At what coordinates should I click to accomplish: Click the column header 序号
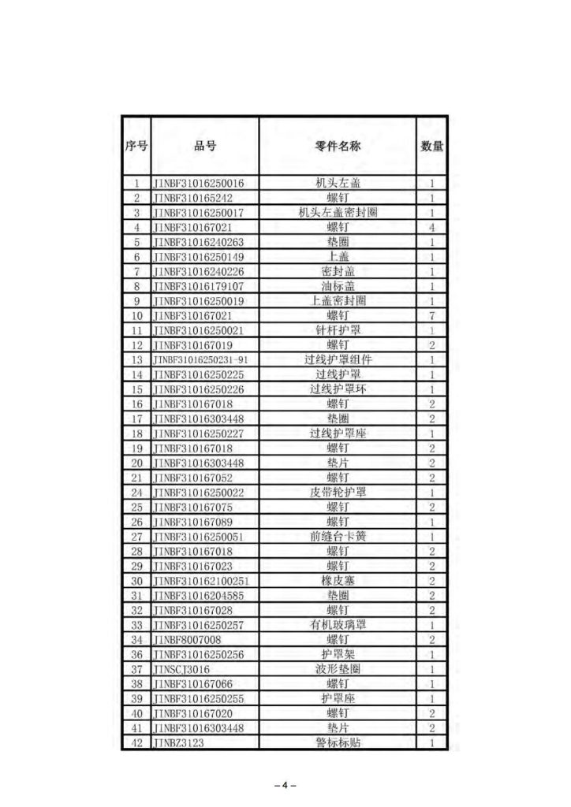tap(136, 146)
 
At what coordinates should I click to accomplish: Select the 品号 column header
tap(205, 146)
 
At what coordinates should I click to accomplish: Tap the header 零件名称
tap(338, 146)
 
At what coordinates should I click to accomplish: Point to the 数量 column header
tap(432, 146)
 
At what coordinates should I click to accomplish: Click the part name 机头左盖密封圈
tap(338, 213)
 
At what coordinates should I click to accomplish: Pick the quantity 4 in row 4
tap(432, 227)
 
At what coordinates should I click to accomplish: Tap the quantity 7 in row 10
tap(432, 315)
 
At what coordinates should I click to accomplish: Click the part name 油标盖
tap(338, 286)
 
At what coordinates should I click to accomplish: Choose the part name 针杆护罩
tap(338, 330)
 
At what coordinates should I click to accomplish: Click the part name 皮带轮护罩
tap(338, 493)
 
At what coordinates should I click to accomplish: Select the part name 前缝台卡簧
tap(338, 537)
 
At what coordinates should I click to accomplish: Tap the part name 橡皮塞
tap(338, 581)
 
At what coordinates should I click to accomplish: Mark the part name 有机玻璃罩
tap(338, 625)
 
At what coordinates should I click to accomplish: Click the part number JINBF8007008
tap(188, 640)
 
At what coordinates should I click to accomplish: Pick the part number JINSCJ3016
tap(182, 669)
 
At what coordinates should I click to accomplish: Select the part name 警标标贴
tap(338, 743)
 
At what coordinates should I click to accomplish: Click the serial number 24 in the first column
tap(136, 493)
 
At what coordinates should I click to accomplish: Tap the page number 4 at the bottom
tap(285, 785)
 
